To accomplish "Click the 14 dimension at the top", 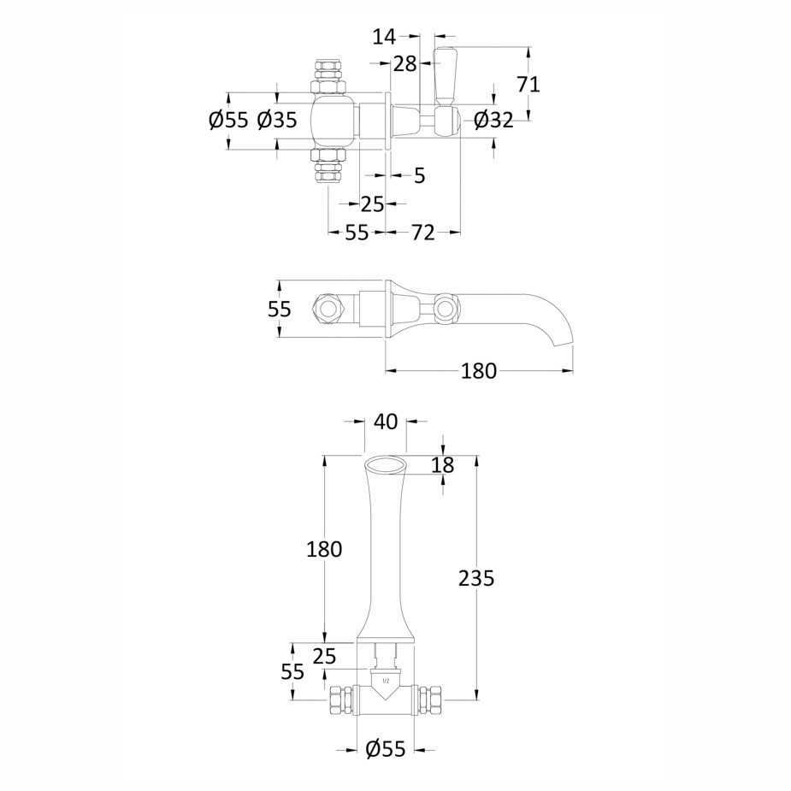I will click(x=385, y=36).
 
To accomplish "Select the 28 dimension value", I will click(x=404, y=63).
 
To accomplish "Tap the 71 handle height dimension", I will click(x=528, y=84).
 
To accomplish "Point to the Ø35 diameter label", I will click(x=277, y=121).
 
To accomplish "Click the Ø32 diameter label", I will click(x=493, y=121).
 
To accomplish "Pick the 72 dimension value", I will click(x=423, y=232).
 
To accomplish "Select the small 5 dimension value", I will click(x=419, y=175).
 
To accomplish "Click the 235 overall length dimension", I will click(x=476, y=578).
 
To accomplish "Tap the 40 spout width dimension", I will click(x=386, y=422).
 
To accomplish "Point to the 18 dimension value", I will click(x=443, y=465).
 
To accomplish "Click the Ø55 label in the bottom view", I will click(x=386, y=750).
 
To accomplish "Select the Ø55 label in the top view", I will click(x=228, y=121).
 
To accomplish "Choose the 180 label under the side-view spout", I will click(x=479, y=371).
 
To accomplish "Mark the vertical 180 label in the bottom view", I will click(x=324, y=549).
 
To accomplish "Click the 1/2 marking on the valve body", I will click(x=385, y=682).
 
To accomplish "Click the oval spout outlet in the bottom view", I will click(x=386, y=464).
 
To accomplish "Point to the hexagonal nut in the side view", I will click(x=326, y=308).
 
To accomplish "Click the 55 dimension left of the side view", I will click(x=280, y=309).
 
